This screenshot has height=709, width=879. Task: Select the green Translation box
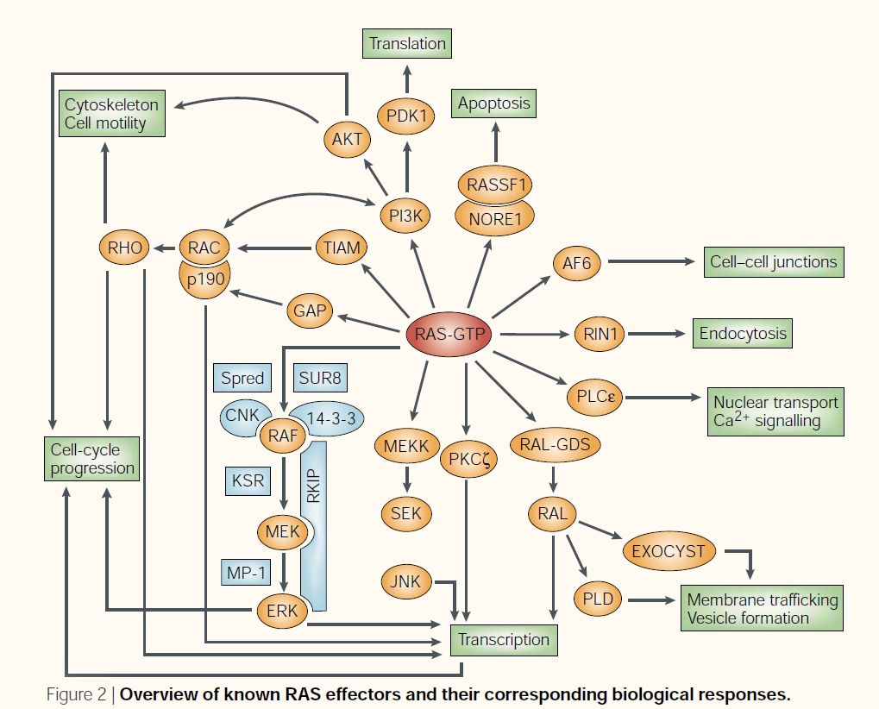(x=407, y=43)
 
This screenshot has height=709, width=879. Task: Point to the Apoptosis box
(x=494, y=104)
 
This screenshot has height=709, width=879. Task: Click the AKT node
(x=348, y=137)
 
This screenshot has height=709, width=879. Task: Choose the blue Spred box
(x=242, y=379)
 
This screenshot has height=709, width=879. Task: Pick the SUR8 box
(x=322, y=379)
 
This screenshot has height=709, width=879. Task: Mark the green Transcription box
(x=504, y=639)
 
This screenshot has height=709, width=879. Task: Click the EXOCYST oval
(x=669, y=550)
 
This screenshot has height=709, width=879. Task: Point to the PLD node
(x=598, y=597)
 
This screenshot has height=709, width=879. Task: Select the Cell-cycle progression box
(x=92, y=459)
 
